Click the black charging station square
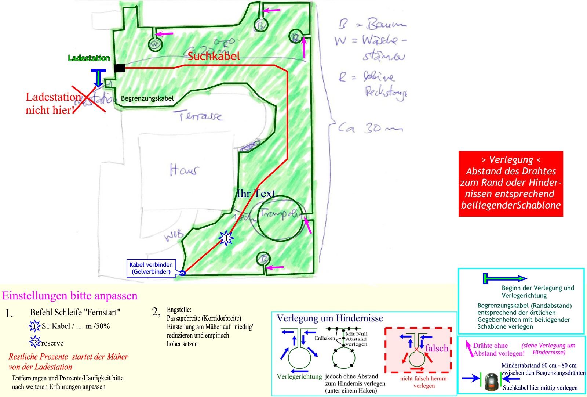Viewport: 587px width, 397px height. point(119,68)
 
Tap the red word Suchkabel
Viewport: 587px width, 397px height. point(214,56)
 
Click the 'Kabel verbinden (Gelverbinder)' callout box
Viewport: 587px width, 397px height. point(151,268)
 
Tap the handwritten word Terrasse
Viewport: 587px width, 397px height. point(201,116)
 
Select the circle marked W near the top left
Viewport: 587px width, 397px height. point(155,44)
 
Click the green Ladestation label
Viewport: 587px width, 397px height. point(89,58)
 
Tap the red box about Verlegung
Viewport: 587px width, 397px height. point(510,183)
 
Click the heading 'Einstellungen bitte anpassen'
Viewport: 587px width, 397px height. point(70,296)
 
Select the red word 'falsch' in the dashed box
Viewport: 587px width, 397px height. point(437,348)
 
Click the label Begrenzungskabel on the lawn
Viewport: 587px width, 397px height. point(147,98)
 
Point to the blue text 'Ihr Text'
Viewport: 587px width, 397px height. point(256,194)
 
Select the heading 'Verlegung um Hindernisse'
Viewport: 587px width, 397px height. point(330,318)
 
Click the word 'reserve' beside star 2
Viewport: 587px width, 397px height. point(52,343)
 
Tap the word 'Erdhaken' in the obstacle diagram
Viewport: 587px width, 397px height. point(325,338)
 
